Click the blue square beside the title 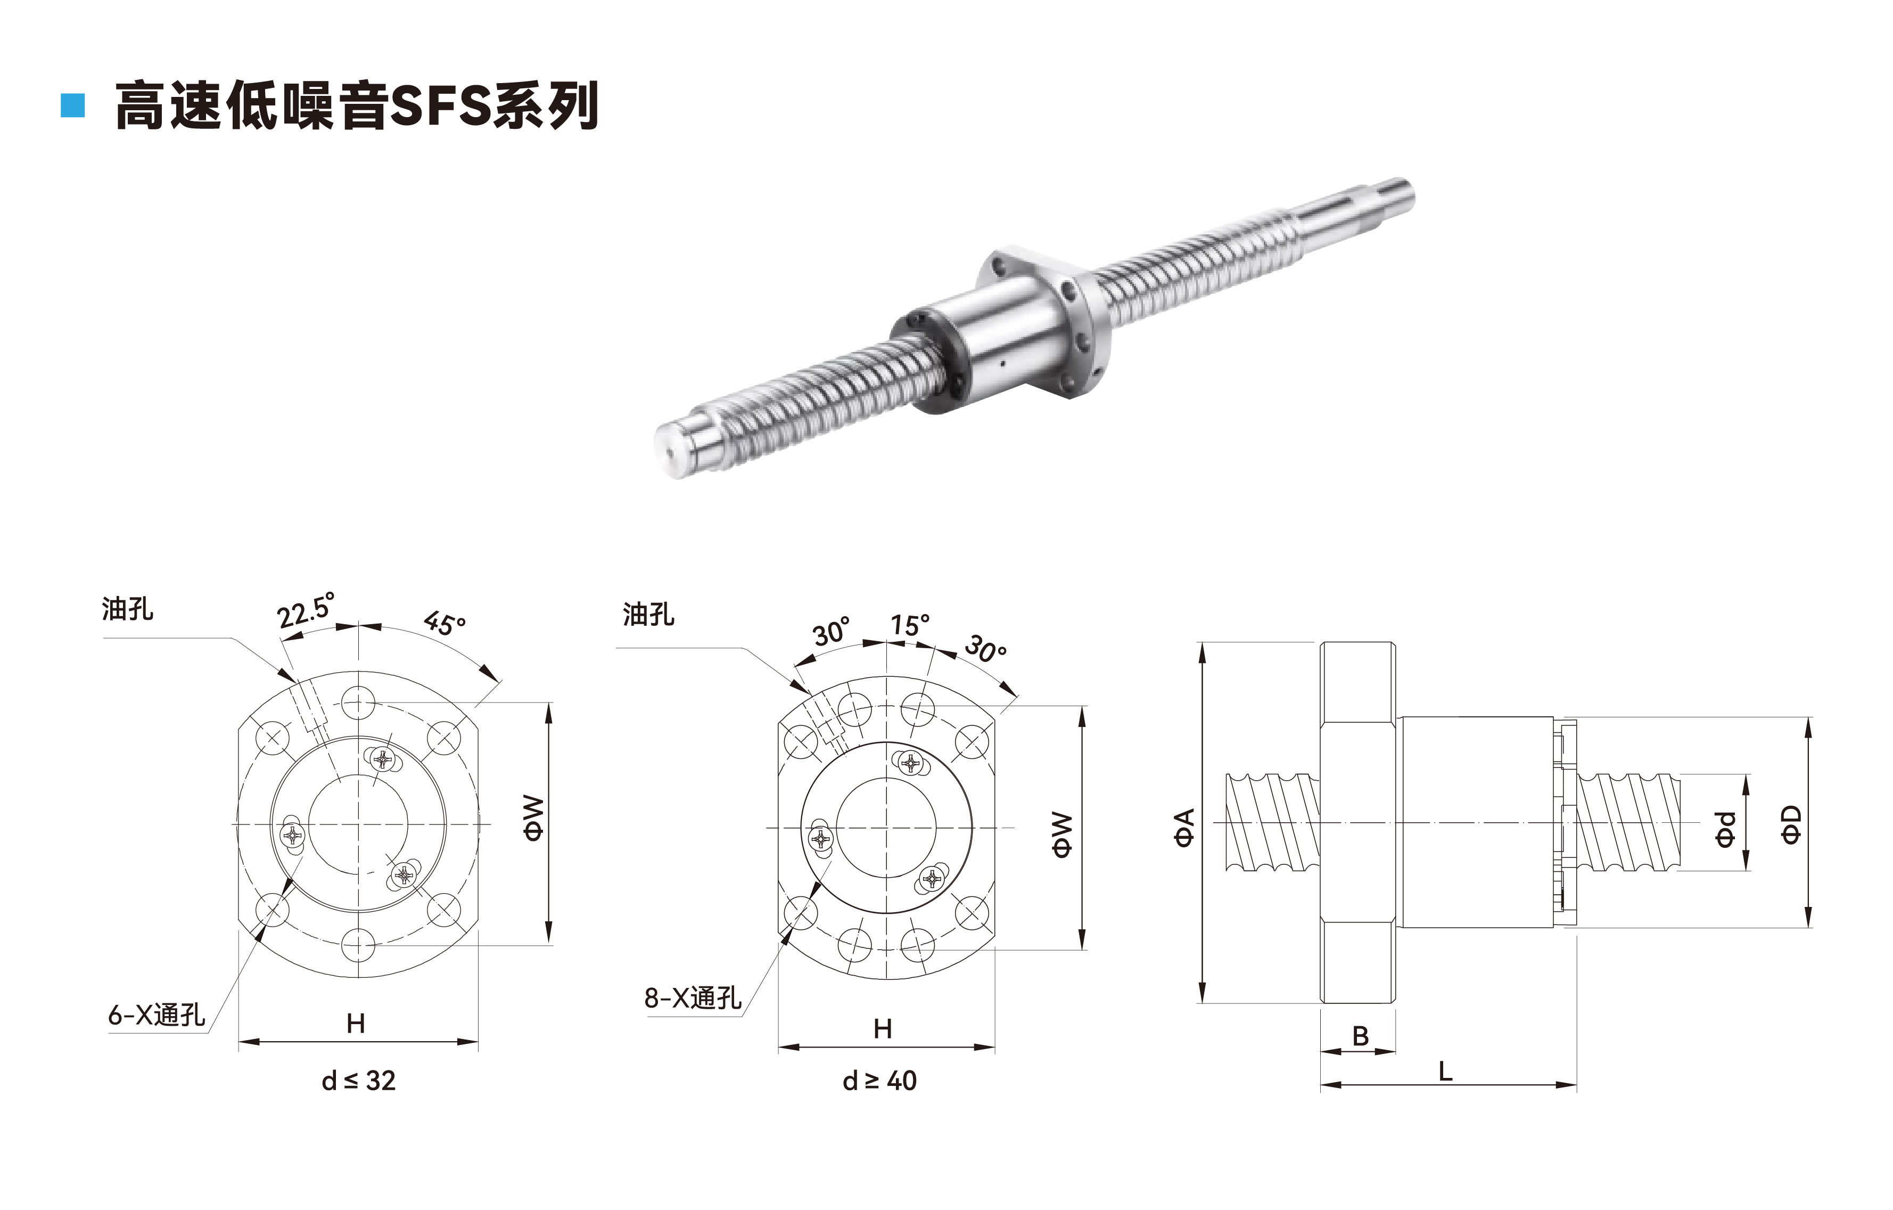click(x=72, y=106)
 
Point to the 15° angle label click(x=910, y=625)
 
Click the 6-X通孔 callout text click(x=157, y=1015)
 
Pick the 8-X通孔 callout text click(x=693, y=998)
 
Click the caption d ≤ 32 click(x=358, y=1081)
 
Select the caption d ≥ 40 click(x=879, y=1081)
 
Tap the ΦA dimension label click(x=1184, y=827)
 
